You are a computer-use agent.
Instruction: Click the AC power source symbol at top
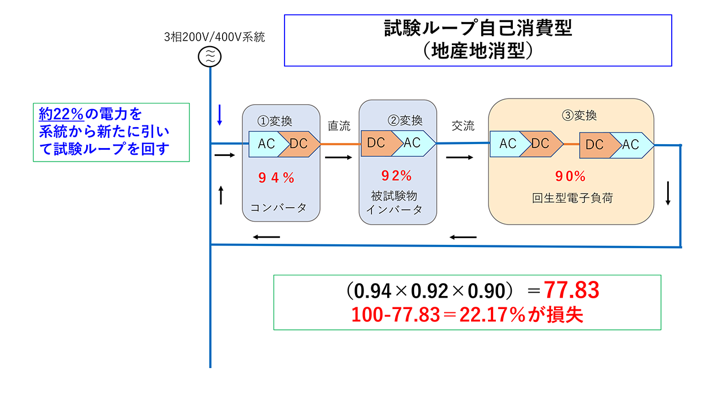(x=210, y=56)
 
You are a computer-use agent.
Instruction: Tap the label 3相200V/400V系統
(x=214, y=38)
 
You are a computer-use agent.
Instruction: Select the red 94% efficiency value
(x=276, y=178)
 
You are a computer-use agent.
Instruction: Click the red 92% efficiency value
(x=397, y=176)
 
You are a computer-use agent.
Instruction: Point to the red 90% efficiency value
(x=571, y=176)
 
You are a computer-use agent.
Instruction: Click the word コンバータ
(x=278, y=207)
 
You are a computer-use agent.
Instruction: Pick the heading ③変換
(x=579, y=117)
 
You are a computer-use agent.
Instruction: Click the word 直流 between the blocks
(x=339, y=126)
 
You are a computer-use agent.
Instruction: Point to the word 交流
(x=463, y=126)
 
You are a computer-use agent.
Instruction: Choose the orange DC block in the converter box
(x=300, y=144)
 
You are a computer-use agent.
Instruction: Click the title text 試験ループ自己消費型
(x=478, y=29)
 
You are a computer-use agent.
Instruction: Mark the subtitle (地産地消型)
(x=478, y=52)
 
